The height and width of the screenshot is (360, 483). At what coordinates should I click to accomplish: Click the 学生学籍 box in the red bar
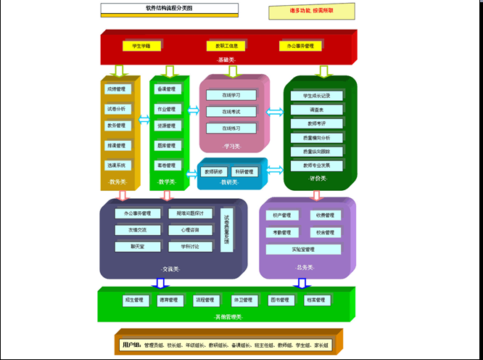coord(141,46)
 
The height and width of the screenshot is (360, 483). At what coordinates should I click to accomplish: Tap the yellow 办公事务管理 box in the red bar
coord(300,46)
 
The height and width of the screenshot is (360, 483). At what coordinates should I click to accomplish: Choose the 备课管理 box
coord(166,89)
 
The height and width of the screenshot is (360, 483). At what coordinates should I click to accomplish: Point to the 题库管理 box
coord(166,145)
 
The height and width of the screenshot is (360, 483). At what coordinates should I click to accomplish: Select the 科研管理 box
coord(244,172)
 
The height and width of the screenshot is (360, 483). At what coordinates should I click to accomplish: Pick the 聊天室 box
coord(138,247)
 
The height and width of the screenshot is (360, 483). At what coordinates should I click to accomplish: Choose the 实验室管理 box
coord(303,249)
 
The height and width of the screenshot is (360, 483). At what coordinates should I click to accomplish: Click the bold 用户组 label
coord(131,344)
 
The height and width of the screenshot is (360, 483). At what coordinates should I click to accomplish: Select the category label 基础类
coord(228,60)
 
